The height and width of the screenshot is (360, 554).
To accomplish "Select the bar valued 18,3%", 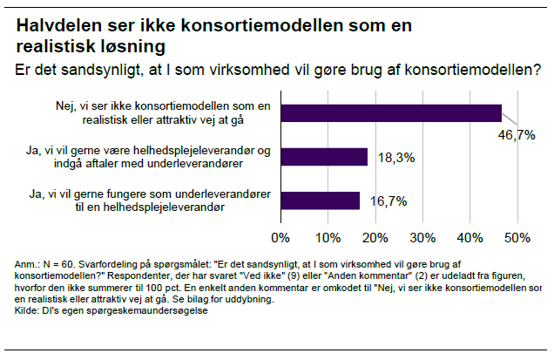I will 324,157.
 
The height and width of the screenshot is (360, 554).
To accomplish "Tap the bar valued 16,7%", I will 320,200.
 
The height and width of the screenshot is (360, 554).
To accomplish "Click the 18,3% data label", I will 395,158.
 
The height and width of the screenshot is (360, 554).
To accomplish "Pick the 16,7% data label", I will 388,200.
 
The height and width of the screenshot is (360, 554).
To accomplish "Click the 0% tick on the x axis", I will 280,237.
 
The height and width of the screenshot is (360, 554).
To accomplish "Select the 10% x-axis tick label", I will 328,237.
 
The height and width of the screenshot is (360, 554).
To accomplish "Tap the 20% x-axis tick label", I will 375,237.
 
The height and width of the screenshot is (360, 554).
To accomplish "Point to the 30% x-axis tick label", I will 422,237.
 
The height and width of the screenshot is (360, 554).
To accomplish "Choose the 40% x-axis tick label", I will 470,237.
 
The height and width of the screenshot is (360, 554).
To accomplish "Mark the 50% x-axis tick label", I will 517,237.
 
